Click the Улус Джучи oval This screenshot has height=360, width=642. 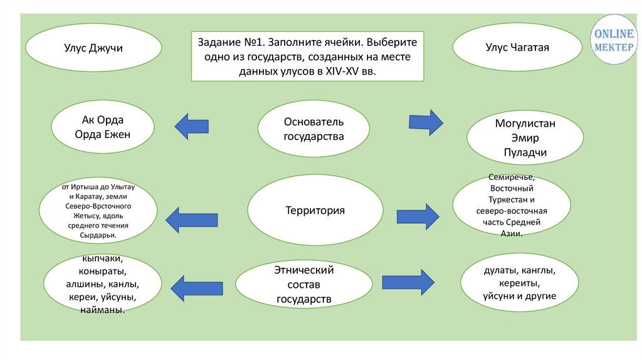click(93, 47)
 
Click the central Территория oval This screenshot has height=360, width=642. click(315, 211)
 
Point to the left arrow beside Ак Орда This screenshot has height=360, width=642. click(192, 127)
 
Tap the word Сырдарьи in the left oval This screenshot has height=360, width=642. click(98, 235)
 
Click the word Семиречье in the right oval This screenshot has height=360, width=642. click(512, 177)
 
